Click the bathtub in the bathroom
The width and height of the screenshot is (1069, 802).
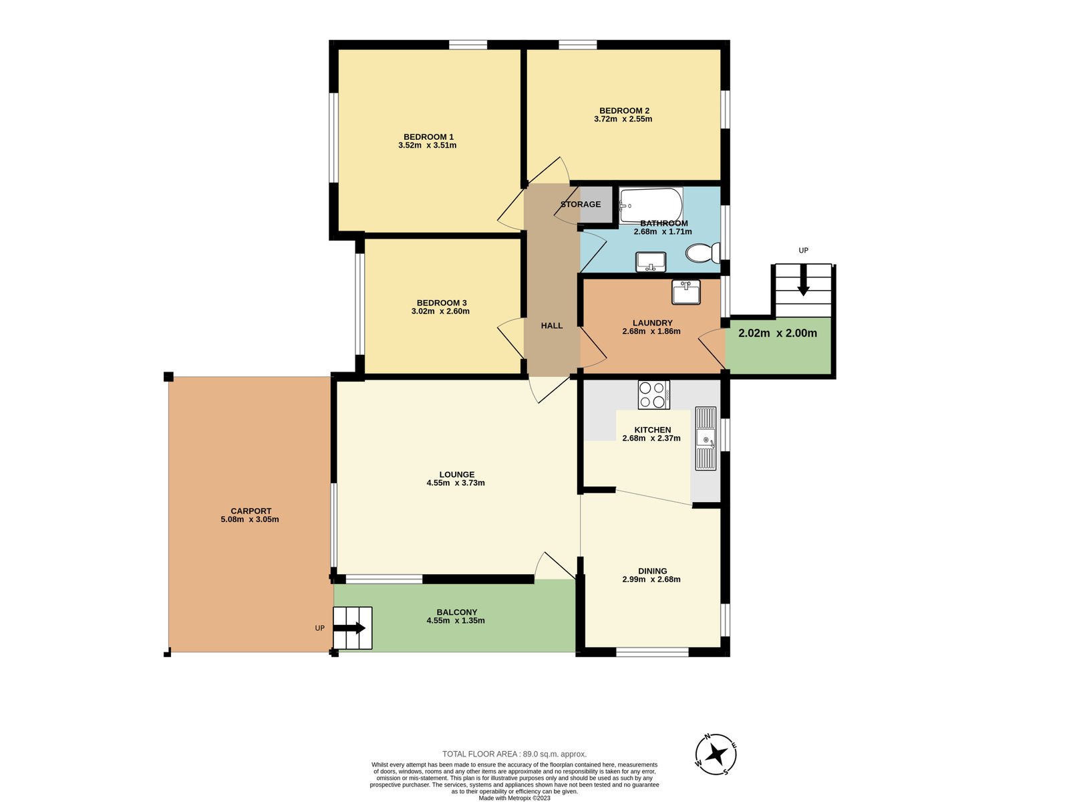(x=651, y=205)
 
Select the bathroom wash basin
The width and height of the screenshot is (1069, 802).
(x=651, y=261)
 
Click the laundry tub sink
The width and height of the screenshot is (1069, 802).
(x=686, y=292)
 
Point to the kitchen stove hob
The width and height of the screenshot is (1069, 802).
(x=653, y=394)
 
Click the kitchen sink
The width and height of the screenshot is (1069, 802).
(x=706, y=438)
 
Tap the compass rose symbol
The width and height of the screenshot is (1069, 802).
(x=716, y=755)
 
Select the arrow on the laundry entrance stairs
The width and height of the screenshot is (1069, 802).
(x=803, y=281)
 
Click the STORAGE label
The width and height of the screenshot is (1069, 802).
(x=581, y=205)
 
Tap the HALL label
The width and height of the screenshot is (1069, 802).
(x=552, y=325)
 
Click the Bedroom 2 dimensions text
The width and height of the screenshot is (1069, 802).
(x=623, y=120)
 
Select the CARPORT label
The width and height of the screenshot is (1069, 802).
(x=251, y=511)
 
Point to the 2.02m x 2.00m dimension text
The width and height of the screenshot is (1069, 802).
(x=778, y=333)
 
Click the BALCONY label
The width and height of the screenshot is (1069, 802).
(x=456, y=612)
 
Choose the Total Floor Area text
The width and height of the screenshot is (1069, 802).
(x=514, y=754)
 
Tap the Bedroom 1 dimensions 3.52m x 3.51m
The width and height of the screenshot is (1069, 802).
(x=428, y=146)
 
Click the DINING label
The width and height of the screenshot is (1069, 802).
(x=652, y=571)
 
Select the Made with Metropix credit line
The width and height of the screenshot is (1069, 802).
(x=514, y=798)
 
